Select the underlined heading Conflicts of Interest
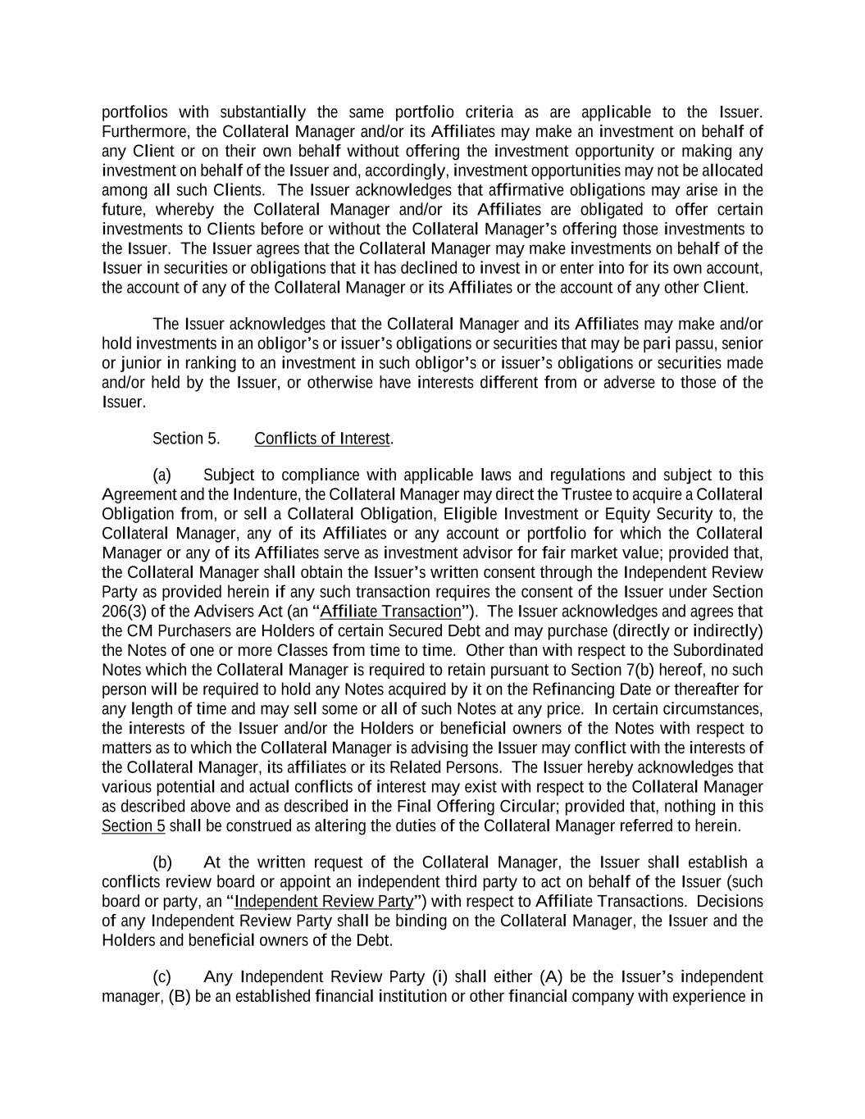pyautogui.click(x=322, y=439)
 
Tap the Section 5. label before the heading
pyautogui.click(x=186, y=439)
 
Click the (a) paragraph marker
pyautogui.click(x=162, y=475)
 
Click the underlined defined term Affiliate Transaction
pyautogui.click(x=391, y=612)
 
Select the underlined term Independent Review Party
pyautogui.click(x=324, y=902)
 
